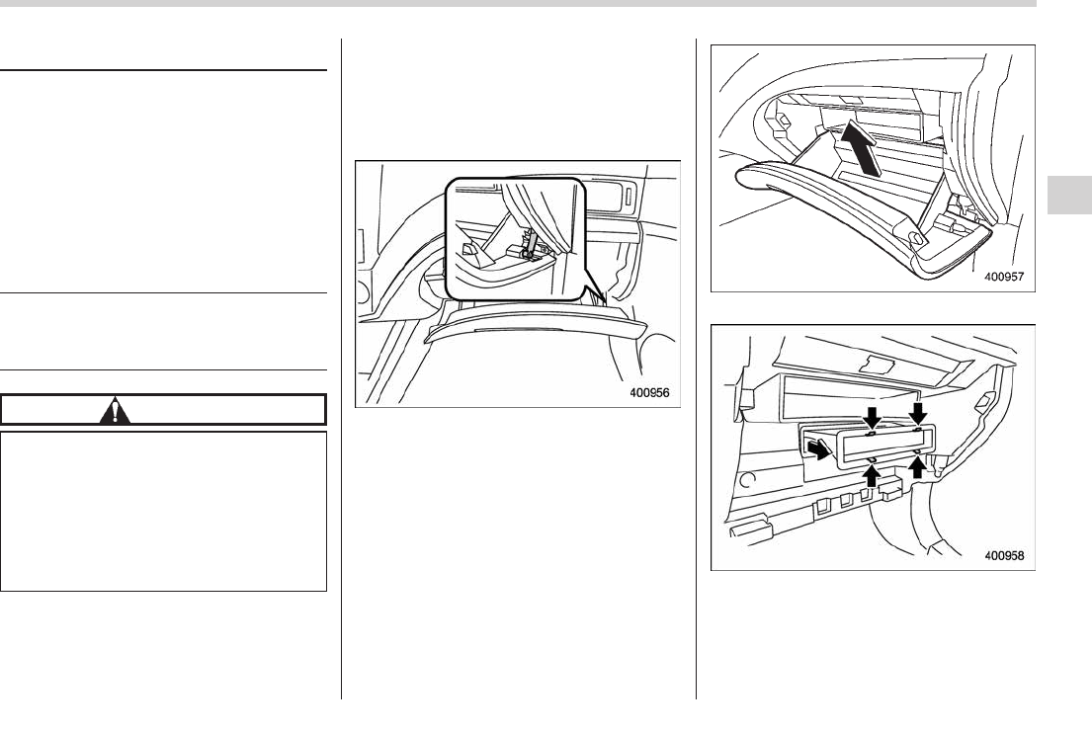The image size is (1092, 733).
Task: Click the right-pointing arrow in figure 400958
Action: (x=817, y=450)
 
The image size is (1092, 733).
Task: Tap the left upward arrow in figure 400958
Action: (x=872, y=476)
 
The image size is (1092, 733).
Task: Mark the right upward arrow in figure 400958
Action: (x=917, y=467)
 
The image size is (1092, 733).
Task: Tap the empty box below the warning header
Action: (x=164, y=510)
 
